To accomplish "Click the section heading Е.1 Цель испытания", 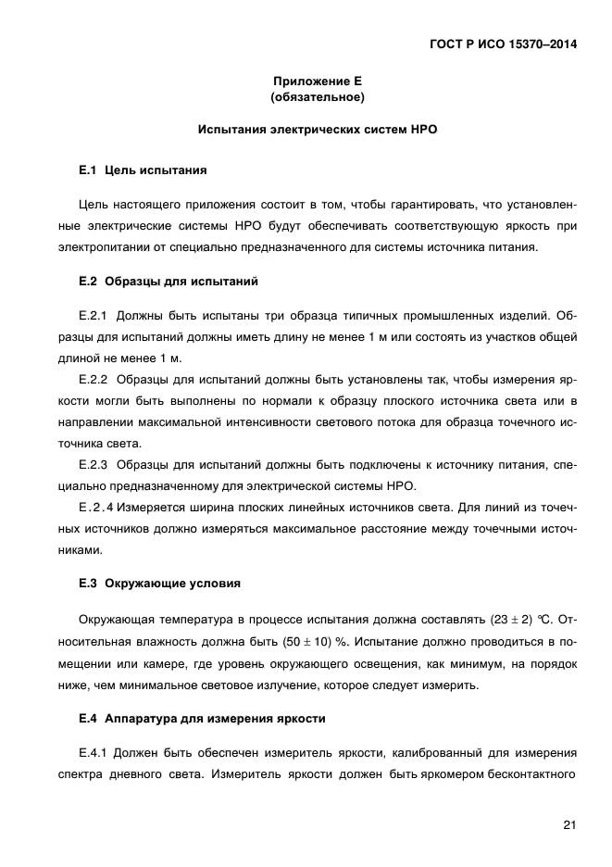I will click(x=143, y=170).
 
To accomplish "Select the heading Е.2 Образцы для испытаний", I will click(x=169, y=281).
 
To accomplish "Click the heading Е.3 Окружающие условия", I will click(x=160, y=584).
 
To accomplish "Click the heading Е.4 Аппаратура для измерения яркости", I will click(x=202, y=719).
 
